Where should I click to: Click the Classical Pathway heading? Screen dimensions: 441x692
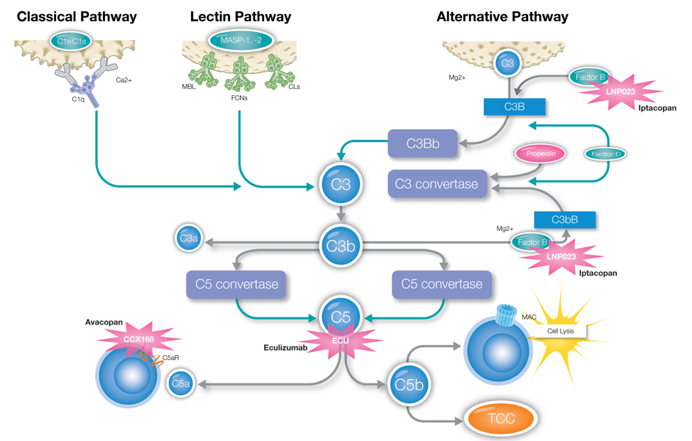(77, 16)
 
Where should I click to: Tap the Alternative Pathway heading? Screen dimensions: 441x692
(502, 16)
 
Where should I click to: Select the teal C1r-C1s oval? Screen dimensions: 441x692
(71, 40)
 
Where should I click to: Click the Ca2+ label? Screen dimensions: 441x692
(123, 80)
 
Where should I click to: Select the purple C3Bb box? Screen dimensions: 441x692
(423, 143)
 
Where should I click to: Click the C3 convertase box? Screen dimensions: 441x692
(437, 184)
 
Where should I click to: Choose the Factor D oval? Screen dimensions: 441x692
(605, 153)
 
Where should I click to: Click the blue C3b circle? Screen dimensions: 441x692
(341, 246)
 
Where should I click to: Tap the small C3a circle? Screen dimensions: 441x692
(188, 239)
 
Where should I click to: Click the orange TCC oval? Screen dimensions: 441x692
(500, 418)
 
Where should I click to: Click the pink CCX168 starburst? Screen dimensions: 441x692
(138, 339)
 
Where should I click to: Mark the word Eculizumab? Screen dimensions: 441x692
(287, 347)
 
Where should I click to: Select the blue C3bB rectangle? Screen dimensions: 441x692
(564, 219)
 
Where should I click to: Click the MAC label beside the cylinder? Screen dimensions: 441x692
(529, 317)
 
